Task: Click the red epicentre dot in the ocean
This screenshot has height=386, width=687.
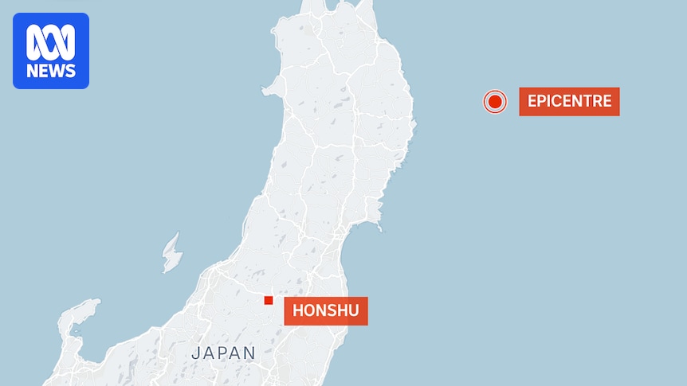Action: [x=495, y=102]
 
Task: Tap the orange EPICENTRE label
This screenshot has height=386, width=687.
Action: [x=569, y=102]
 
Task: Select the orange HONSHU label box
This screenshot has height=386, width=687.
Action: [x=326, y=311]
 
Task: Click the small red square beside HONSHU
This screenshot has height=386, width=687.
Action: [x=269, y=300]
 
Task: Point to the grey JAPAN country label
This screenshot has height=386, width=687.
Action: [x=223, y=353]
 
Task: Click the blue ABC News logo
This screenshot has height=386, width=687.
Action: [x=51, y=51]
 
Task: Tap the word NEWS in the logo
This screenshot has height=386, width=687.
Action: [x=51, y=72]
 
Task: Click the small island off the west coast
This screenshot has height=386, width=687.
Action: [x=171, y=252]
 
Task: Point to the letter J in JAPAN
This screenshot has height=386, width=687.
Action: [x=195, y=353]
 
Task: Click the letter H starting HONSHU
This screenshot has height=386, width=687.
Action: [x=298, y=311]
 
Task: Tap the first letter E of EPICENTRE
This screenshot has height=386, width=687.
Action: [x=532, y=102]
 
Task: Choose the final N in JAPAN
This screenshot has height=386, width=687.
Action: [x=250, y=353]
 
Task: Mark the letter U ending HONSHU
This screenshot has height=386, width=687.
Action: [x=354, y=311]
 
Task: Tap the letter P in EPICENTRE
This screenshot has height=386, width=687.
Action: [x=542, y=102]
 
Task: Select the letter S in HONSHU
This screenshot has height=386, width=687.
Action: [x=332, y=311]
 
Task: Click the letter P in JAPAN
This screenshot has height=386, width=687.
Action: [x=222, y=353]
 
